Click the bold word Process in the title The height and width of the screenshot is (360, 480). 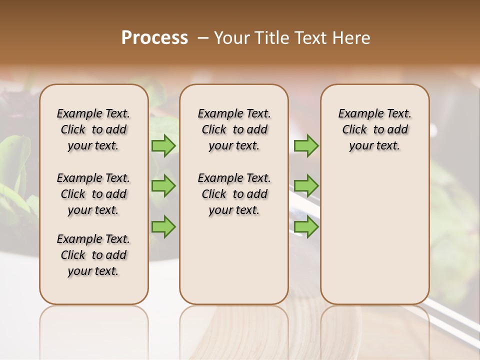154,38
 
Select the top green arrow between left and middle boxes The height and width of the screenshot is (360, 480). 163,145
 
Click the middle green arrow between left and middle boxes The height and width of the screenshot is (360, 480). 163,186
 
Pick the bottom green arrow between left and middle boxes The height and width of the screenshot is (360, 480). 163,226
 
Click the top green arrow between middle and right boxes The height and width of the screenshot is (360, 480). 306,145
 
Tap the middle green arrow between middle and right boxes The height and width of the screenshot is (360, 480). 306,186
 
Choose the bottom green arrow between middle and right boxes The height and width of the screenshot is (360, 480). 306,226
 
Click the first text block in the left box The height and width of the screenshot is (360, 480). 93,129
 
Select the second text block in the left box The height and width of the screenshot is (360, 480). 93,194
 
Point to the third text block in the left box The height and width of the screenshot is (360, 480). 93,255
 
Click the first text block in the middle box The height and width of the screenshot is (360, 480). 234,129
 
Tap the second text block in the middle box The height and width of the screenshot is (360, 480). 234,194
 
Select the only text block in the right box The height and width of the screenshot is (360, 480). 374,129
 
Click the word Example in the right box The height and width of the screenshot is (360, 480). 357,114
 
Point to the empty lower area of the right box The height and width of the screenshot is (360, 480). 374,235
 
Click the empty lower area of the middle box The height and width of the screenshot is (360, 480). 234,260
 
